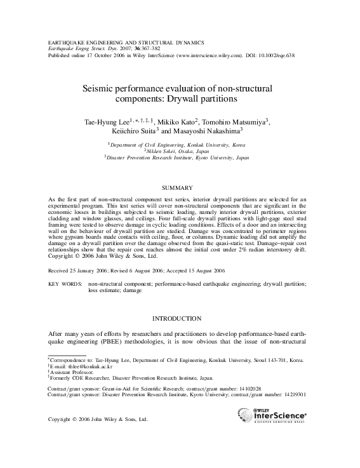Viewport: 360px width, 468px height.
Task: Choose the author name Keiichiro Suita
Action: [134, 131]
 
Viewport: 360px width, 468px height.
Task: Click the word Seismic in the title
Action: [101, 90]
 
